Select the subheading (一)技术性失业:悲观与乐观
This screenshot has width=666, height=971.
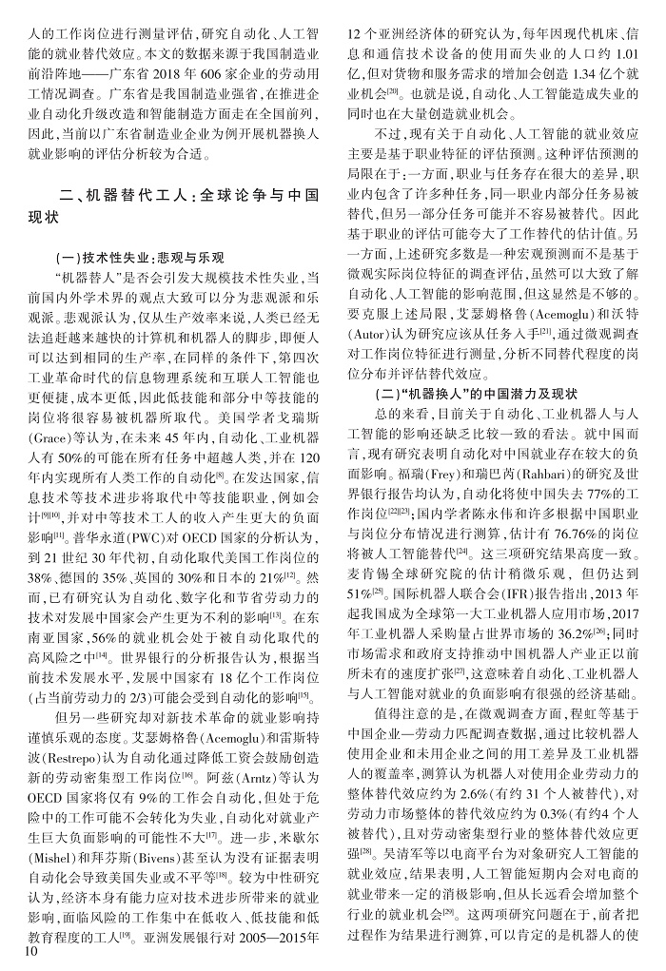coord(141,258)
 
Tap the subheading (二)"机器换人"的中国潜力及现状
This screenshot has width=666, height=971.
coord(463,391)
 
